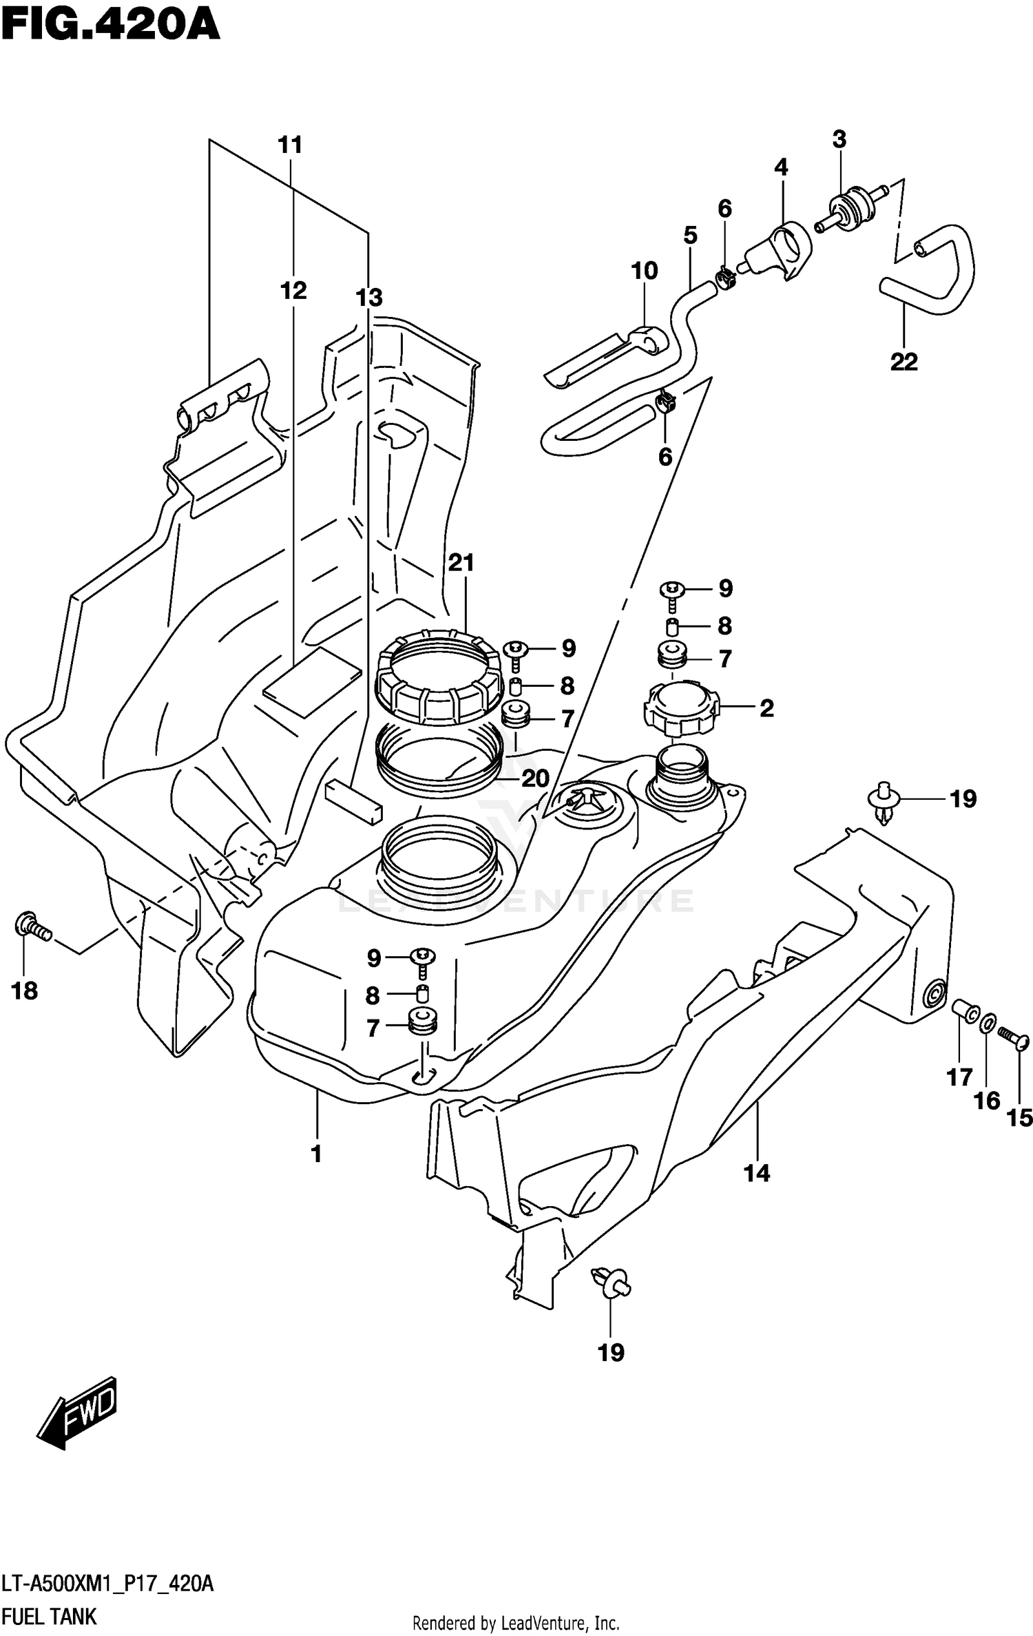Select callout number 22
904,362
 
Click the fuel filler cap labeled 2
681,709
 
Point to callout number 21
461,563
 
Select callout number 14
757,1172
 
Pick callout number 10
644,271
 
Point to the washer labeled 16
986,1024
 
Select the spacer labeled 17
966,1012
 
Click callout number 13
368,298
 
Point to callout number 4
780,167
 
